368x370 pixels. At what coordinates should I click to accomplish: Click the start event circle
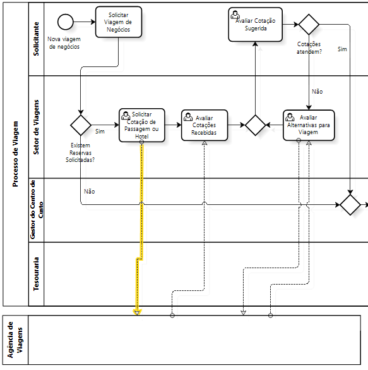(66, 22)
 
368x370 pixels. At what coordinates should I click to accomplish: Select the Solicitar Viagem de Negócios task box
(119, 22)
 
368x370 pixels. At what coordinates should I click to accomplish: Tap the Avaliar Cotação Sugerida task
(255, 24)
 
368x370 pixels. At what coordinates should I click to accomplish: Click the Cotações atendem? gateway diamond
(309, 24)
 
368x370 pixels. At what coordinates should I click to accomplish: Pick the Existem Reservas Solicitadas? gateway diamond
(81, 125)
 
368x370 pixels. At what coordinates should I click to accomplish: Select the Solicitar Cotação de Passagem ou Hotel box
(142, 125)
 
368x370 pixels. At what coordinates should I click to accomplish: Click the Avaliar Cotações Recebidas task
(205, 125)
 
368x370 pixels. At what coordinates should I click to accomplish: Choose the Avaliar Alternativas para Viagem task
(309, 125)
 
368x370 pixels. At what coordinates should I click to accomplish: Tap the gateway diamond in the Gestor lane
(350, 205)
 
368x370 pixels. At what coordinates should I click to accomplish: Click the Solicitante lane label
(36, 39)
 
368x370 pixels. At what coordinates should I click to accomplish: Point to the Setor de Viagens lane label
(36, 127)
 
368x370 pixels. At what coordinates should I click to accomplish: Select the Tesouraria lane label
(36, 274)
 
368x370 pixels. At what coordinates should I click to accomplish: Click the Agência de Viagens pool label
(15, 340)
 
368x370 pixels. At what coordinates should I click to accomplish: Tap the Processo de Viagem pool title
(15, 154)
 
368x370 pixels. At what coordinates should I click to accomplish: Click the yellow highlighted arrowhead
(137, 312)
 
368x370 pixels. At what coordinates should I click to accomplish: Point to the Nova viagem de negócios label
(64, 43)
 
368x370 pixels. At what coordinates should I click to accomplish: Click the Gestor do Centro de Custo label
(37, 210)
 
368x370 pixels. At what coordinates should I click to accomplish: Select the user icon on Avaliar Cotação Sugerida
(235, 15)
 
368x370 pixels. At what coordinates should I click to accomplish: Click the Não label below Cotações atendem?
(317, 92)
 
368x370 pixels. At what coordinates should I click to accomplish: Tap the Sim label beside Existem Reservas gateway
(100, 132)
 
